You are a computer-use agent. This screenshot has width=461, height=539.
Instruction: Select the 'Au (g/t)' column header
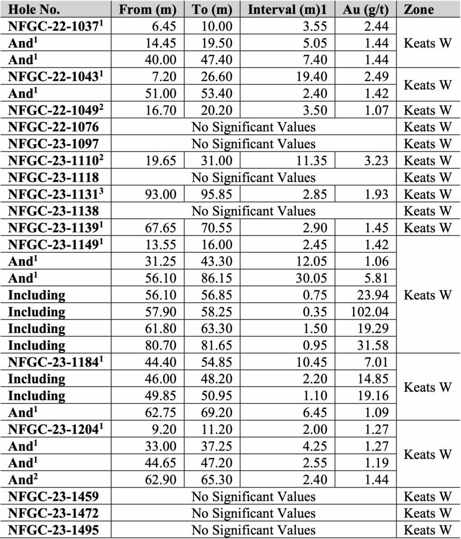367,9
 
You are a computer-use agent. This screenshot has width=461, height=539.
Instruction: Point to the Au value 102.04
369,312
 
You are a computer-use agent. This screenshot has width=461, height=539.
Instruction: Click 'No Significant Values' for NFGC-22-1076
253,127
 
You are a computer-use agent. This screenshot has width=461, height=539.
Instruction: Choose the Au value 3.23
376,161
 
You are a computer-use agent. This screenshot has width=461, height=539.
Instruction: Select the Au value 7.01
376,362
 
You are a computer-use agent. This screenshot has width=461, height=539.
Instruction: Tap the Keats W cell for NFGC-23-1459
427,497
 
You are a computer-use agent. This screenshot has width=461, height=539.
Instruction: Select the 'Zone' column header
419,9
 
